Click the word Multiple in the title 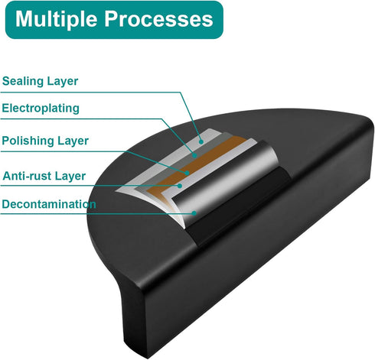pyautogui.click(x=56, y=19)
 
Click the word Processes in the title pyautogui.click(x=158, y=19)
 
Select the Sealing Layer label pyautogui.click(x=40, y=81)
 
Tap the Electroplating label pyautogui.click(x=41, y=109)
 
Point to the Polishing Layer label pyautogui.click(x=45, y=141)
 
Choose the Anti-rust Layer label pyautogui.click(x=44, y=176)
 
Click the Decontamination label pyautogui.click(x=49, y=204)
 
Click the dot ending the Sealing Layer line pyautogui.click(x=201, y=141)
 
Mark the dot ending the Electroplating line pyautogui.click(x=194, y=155)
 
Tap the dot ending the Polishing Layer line pyautogui.click(x=187, y=174)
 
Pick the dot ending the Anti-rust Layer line pyautogui.click(x=180, y=186)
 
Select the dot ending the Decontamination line pyautogui.click(x=194, y=213)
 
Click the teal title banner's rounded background pyautogui.click(x=114, y=20)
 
